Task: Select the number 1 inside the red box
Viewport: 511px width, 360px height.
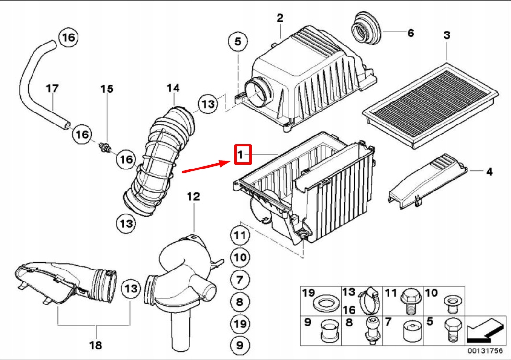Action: tap(242, 154)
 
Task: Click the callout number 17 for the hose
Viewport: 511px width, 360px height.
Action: tap(52, 89)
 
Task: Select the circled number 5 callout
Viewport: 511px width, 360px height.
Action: tap(238, 42)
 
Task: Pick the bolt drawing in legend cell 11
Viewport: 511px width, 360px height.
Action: tap(411, 300)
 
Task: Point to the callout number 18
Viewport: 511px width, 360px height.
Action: tap(96, 344)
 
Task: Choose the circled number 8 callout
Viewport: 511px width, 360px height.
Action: tap(240, 302)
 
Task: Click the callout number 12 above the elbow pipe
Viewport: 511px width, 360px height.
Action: tap(193, 196)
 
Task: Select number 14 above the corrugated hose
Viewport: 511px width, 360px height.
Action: tap(173, 88)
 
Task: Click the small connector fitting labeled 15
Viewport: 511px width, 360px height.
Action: tap(106, 147)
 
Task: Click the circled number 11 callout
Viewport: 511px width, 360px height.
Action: tap(240, 236)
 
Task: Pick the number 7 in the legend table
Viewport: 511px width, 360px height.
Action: tap(388, 322)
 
